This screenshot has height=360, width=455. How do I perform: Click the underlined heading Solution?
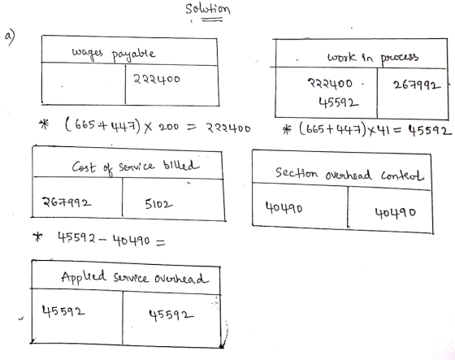208,9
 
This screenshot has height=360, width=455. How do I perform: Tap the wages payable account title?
114,54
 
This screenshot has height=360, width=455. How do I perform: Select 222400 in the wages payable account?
157,79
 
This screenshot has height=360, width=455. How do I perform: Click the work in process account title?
373,57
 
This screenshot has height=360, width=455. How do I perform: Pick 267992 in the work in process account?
417,85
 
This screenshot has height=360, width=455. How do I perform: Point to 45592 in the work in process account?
338,102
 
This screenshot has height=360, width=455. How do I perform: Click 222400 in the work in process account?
330,84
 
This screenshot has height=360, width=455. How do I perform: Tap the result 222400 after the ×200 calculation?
228,128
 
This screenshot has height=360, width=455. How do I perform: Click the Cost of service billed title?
136,167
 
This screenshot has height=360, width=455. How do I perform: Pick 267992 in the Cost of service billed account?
67,202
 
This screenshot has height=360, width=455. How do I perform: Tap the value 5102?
158,205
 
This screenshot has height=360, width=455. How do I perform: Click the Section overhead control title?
349,174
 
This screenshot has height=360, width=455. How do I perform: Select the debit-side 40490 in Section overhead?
284,208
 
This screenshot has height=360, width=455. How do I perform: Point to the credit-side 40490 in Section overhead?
395,213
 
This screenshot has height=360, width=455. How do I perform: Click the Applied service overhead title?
135,278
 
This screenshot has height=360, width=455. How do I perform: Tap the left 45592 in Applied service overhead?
63,311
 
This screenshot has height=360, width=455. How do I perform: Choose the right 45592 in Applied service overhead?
171,314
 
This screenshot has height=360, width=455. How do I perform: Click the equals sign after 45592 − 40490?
161,242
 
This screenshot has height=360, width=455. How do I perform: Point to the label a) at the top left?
11,37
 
